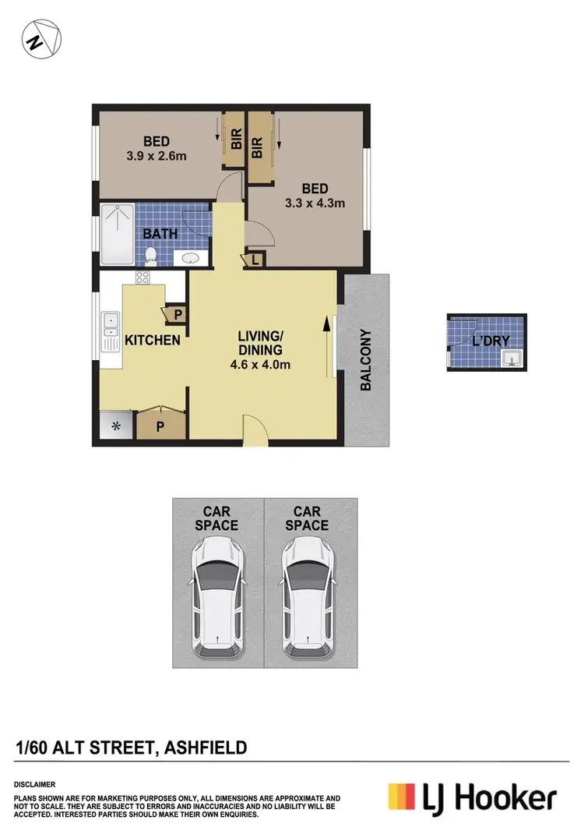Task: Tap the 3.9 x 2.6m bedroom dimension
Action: tap(157, 156)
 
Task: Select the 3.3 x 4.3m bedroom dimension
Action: tap(315, 203)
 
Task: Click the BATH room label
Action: tap(160, 233)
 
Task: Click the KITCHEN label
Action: tap(153, 340)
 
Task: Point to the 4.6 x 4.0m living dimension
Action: tap(260, 363)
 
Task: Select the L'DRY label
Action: tap(491, 341)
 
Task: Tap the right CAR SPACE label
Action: tap(307, 518)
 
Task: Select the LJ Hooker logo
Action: tap(473, 798)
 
